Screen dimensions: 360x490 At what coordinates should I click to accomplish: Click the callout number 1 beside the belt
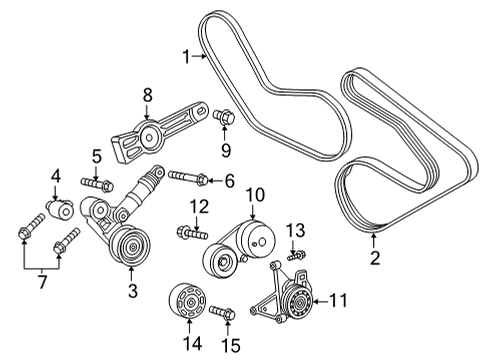pyautogui.click(x=185, y=57)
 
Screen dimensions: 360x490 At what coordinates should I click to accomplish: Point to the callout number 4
pyautogui.click(x=56, y=180)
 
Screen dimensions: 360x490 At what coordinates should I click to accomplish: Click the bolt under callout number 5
pyautogui.click(x=98, y=183)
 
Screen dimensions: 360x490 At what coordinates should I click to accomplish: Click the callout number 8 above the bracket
pyautogui.click(x=148, y=95)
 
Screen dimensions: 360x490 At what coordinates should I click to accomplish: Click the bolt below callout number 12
pyautogui.click(x=190, y=233)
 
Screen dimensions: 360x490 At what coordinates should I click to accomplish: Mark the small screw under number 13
pyautogui.click(x=294, y=257)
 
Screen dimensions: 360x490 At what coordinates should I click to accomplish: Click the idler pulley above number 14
pyautogui.click(x=186, y=301)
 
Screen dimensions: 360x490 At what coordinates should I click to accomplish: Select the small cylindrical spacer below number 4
pyautogui.click(x=58, y=211)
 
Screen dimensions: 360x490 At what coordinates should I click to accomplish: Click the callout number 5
pyautogui.click(x=97, y=156)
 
